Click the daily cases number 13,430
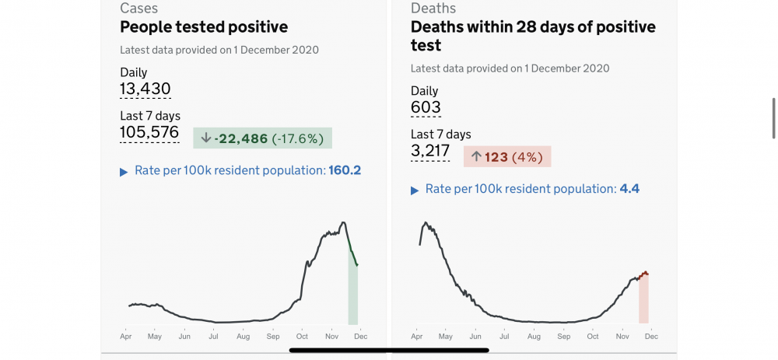coord(145,89)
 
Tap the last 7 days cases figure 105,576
coord(149,132)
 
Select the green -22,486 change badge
coord(262,138)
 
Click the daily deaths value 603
coord(426,107)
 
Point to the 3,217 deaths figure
coord(430,151)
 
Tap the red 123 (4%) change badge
coord(507,157)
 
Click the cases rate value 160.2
coord(345,170)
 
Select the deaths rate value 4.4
coord(629,189)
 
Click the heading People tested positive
coord(204,26)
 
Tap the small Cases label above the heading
coord(139,8)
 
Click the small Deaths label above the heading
coord(433,8)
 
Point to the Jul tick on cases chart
coord(214,336)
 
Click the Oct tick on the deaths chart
coord(593,336)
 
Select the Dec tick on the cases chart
coord(361,336)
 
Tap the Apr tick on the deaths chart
coord(417,336)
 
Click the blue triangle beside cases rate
coord(124,172)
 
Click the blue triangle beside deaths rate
coord(415,190)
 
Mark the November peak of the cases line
coord(343,222)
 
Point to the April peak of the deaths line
coord(426,222)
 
